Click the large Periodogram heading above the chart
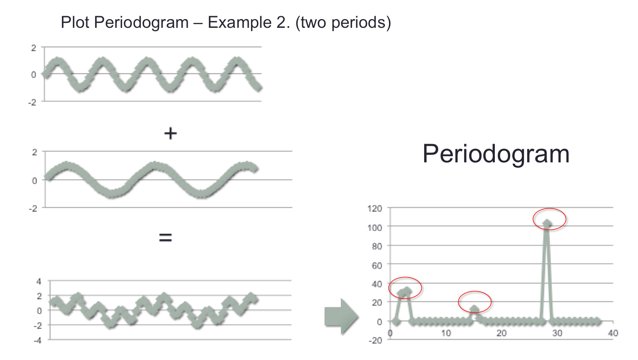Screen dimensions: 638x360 pos(496,154)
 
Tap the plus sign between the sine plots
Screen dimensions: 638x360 pos(170,133)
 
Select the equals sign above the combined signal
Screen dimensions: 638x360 pos(166,237)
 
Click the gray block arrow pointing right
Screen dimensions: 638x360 pos(341,316)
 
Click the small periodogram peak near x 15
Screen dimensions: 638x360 pos(474,309)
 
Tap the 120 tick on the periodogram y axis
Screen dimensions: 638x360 pos(374,208)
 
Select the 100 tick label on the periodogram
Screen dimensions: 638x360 pos(374,227)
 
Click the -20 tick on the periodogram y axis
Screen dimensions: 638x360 pos(375,340)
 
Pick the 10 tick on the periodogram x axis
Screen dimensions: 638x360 pos(446,333)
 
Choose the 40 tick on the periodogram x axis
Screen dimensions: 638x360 pos(613,333)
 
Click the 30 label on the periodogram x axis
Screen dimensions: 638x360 pos(557,333)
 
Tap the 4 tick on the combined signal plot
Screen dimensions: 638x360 pos(39,282)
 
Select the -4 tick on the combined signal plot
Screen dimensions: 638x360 pos(37,340)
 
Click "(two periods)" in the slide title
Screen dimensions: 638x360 pos(343,23)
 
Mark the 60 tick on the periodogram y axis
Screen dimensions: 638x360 pos(377,265)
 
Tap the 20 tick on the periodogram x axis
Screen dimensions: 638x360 pos(501,333)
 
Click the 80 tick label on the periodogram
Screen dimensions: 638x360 pos(377,246)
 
